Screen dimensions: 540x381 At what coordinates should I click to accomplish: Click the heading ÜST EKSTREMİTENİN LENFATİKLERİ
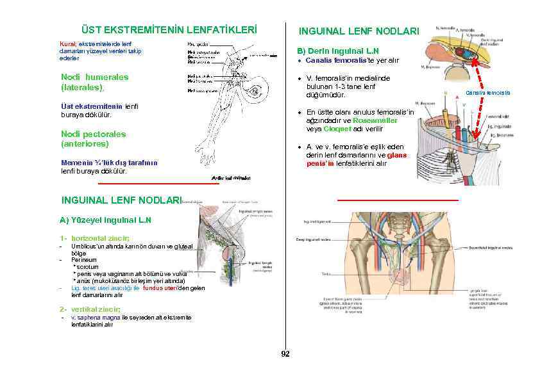tap(169, 30)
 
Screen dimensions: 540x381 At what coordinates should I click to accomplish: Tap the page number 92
tap(285, 353)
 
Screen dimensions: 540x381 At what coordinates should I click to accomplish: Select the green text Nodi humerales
tap(94, 77)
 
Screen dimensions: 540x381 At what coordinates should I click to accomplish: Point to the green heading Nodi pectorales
tap(93, 134)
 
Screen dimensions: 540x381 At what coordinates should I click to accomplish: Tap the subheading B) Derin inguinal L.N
tap(337, 51)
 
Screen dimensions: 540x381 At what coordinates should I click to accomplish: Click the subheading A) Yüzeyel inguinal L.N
tap(105, 220)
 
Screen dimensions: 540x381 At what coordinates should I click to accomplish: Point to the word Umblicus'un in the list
tap(87, 247)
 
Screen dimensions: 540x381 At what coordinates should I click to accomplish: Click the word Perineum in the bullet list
tap(84, 260)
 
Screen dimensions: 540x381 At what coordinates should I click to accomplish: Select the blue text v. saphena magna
tap(94, 318)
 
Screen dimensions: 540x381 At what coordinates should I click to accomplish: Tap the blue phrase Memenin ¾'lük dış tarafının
tap(109, 163)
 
